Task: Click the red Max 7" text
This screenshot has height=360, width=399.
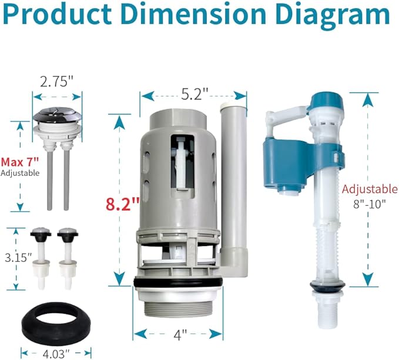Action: pos(19,161)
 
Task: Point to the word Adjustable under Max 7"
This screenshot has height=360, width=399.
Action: pos(20,173)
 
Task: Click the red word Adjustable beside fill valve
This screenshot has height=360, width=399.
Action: pos(370,189)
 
